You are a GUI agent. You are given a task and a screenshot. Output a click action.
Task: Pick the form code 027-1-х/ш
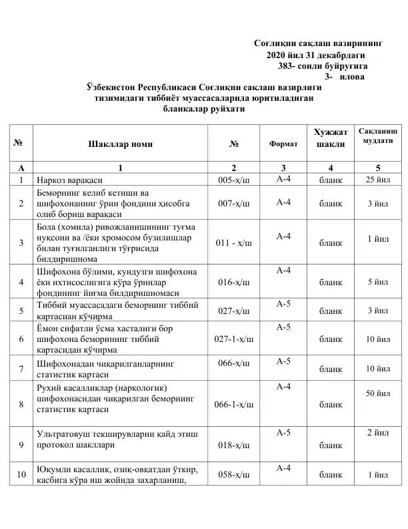pyautogui.click(x=234, y=339)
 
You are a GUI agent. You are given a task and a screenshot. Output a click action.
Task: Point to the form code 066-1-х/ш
pyautogui.click(x=234, y=404)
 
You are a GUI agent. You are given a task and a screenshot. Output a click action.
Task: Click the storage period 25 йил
pyautogui.click(x=378, y=180)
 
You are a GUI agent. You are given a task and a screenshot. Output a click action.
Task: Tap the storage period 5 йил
pyautogui.click(x=378, y=283)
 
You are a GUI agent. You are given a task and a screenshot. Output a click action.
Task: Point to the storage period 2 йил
pyautogui.click(x=378, y=435)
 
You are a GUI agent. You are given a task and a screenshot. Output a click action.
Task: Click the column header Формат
pyautogui.click(x=283, y=144)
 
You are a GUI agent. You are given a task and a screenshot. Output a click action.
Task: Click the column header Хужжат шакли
pyautogui.click(x=331, y=138)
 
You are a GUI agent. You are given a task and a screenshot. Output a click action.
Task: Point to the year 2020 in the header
pyautogui.click(x=276, y=55)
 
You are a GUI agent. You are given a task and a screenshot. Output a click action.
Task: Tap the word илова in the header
pyautogui.click(x=353, y=77)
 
